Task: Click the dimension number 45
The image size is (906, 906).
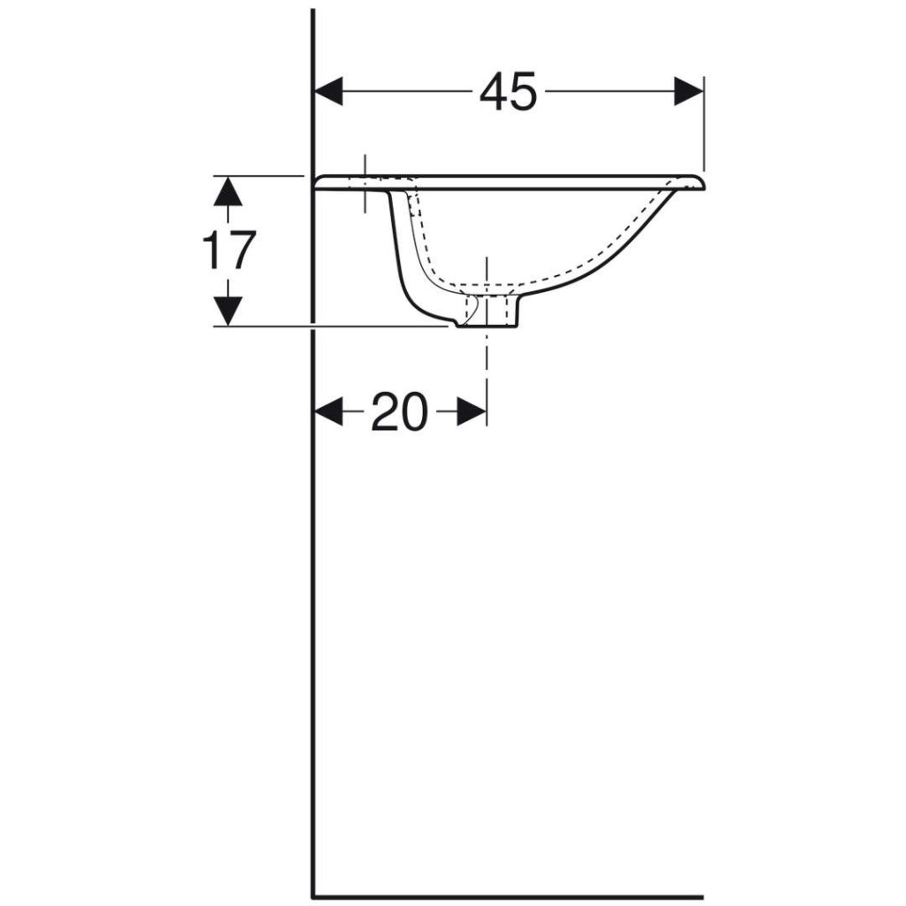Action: coord(509,91)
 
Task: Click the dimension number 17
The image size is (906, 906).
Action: coord(229,250)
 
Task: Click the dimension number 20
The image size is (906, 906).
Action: coord(400,411)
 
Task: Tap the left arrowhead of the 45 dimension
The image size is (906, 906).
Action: coord(328,91)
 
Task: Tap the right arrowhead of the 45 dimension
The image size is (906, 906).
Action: coord(688,91)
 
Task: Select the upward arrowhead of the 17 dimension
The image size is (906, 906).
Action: coord(228,191)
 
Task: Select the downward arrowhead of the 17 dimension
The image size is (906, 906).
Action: coord(228,311)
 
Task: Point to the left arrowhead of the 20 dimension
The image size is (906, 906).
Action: coord(328,411)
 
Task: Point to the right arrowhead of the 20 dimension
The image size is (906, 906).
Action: coord(472,411)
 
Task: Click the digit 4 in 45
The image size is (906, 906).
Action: coord(494,91)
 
